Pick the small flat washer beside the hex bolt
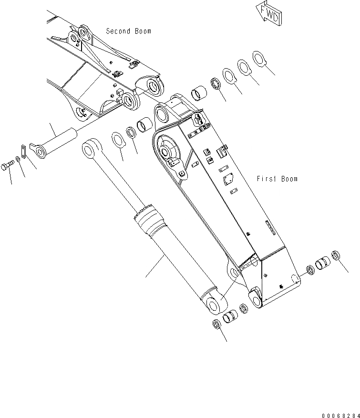[18, 158]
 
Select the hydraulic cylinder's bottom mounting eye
[212, 301]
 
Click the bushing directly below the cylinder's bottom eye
[231, 316]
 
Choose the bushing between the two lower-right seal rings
[323, 263]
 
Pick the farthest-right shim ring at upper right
[258, 58]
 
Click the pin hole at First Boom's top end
[162, 114]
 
